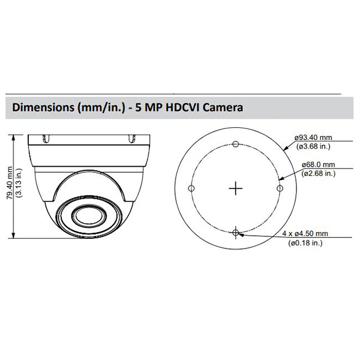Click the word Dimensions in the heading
click(43, 107)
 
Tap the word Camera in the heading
click(223, 107)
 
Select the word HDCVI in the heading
click(182, 107)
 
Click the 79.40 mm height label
click(10, 183)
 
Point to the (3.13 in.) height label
click(19, 183)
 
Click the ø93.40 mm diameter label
click(313, 137)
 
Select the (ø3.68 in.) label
click(313, 146)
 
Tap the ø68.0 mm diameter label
click(318, 164)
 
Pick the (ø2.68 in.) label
click(319, 173)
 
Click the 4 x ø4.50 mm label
click(305, 233)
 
